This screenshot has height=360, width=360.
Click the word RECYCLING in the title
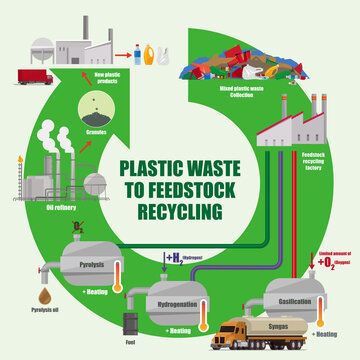[x=180, y=210]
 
